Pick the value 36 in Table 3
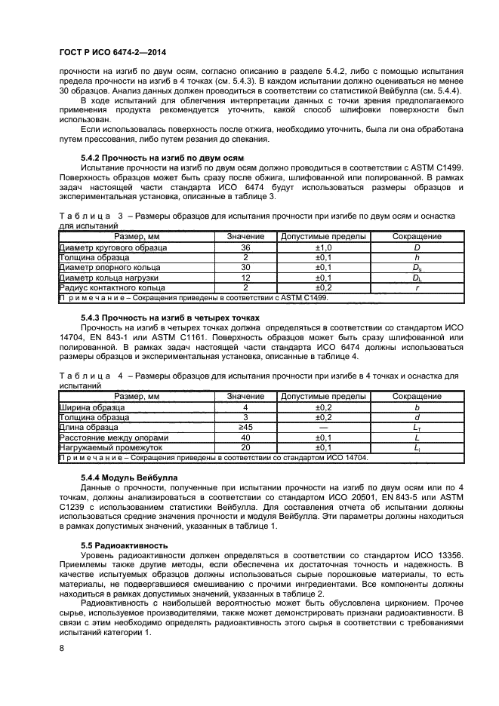[x=245, y=247]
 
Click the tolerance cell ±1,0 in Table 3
[x=324, y=247]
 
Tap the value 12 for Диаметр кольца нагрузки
[x=245, y=278]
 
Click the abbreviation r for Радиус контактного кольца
[x=417, y=287]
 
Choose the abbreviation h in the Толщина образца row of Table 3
[x=417, y=257]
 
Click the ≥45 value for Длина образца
[x=245, y=427]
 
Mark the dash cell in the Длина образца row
[x=324, y=427]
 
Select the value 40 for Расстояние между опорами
[x=245, y=437]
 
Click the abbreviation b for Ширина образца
[x=417, y=407]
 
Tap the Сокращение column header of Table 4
[x=417, y=396]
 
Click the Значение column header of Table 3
[x=245, y=237]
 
